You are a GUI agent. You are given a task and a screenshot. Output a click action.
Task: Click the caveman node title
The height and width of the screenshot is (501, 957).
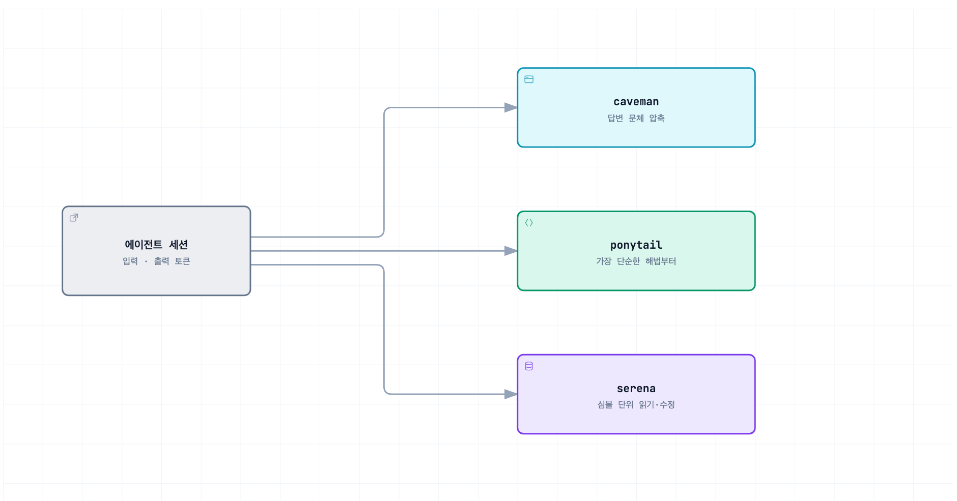click(x=636, y=102)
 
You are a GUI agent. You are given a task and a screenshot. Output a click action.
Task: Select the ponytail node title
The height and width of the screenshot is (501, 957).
click(x=636, y=245)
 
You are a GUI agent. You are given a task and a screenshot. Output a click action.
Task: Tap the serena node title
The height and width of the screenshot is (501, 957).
click(x=636, y=389)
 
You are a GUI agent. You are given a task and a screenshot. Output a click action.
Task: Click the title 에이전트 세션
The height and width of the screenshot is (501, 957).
click(x=156, y=245)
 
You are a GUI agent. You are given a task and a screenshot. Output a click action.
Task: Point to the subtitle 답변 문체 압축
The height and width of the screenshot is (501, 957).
click(x=636, y=118)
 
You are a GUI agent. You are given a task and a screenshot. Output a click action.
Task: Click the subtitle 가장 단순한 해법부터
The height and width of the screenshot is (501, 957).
click(x=636, y=261)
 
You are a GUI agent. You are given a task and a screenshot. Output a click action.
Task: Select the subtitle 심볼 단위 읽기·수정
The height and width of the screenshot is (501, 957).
click(x=636, y=404)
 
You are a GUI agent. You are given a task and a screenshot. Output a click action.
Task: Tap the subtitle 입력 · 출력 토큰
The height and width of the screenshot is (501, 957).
click(x=156, y=261)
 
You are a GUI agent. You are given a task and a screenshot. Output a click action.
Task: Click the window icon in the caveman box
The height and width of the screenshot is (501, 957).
click(x=529, y=79)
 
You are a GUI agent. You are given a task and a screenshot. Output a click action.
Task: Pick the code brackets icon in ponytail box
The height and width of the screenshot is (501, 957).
click(x=529, y=223)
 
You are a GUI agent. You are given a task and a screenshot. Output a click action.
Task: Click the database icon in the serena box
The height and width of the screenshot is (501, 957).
click(x=529, y=366)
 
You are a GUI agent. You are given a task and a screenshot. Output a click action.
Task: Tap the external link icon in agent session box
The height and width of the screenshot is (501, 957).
click(x=74, y=218)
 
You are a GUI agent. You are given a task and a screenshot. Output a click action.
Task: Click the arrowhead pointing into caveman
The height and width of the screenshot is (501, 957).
click(x=511, y=107)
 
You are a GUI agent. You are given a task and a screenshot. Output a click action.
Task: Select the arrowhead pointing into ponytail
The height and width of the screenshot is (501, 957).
click(x=511, y=251)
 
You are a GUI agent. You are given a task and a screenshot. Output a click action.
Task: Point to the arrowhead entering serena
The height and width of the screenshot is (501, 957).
click(x=511, y=394)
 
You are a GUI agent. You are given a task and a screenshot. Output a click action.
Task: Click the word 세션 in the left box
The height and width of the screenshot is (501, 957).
click(x=179, y=245)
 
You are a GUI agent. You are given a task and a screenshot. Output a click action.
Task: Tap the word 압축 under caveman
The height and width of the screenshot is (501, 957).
click(x=657, y=118)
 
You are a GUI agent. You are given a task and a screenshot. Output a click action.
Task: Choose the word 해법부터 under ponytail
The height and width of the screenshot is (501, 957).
click(x=661, y=261)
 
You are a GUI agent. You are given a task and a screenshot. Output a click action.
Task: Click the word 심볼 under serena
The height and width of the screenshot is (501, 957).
click(x=605, y=404)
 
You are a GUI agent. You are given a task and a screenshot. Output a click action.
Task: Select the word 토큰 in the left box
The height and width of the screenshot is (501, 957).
click(x=182, y=261)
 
